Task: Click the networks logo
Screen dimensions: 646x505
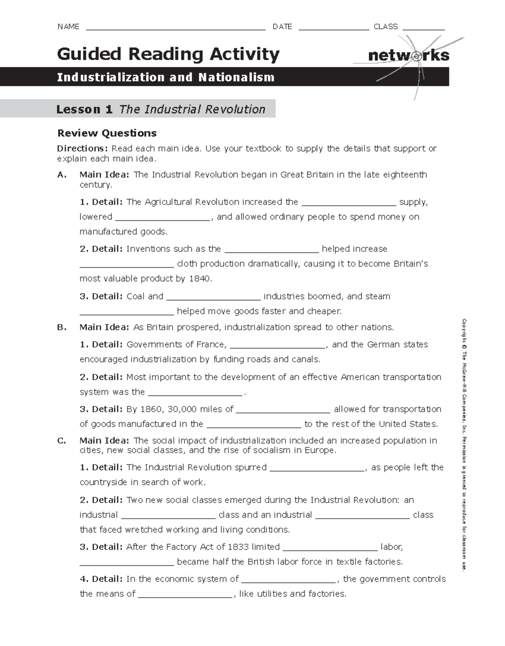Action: click(408, 56)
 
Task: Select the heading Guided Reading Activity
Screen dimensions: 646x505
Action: click(168, 54)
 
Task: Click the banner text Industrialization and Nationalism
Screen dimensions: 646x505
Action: click(165, 77)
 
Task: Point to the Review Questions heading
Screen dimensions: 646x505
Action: click(107, 133)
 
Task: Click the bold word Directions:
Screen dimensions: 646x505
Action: click(83, 148)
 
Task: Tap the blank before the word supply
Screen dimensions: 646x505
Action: click(349, 204)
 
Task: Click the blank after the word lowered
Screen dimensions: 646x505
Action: click(162, 218)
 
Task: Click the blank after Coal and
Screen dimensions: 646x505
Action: click(213, 298)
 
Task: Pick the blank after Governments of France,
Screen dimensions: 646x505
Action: click(278, 346)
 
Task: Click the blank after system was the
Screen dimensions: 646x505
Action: click(196, 394)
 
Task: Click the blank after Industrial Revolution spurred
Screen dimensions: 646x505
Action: click(317, 469)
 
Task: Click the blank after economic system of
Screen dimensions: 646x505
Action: click(289, 581)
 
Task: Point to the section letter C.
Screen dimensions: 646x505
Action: click(61, 441)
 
